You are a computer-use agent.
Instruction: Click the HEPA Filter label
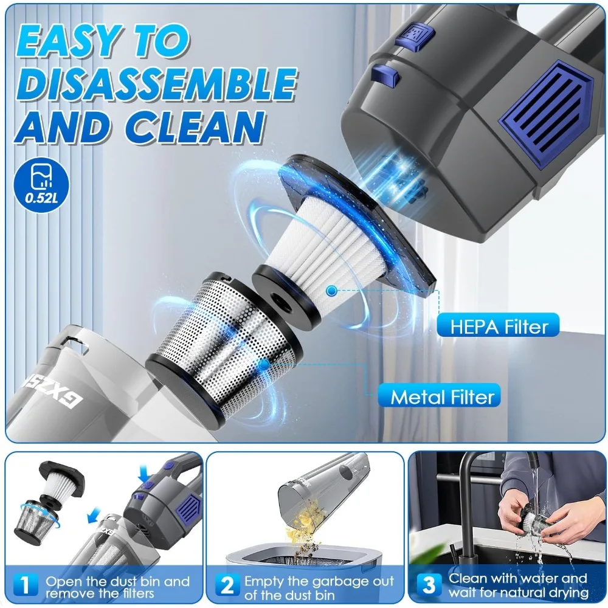tap(499, 326)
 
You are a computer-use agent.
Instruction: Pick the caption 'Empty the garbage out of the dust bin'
tap(319, 587)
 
